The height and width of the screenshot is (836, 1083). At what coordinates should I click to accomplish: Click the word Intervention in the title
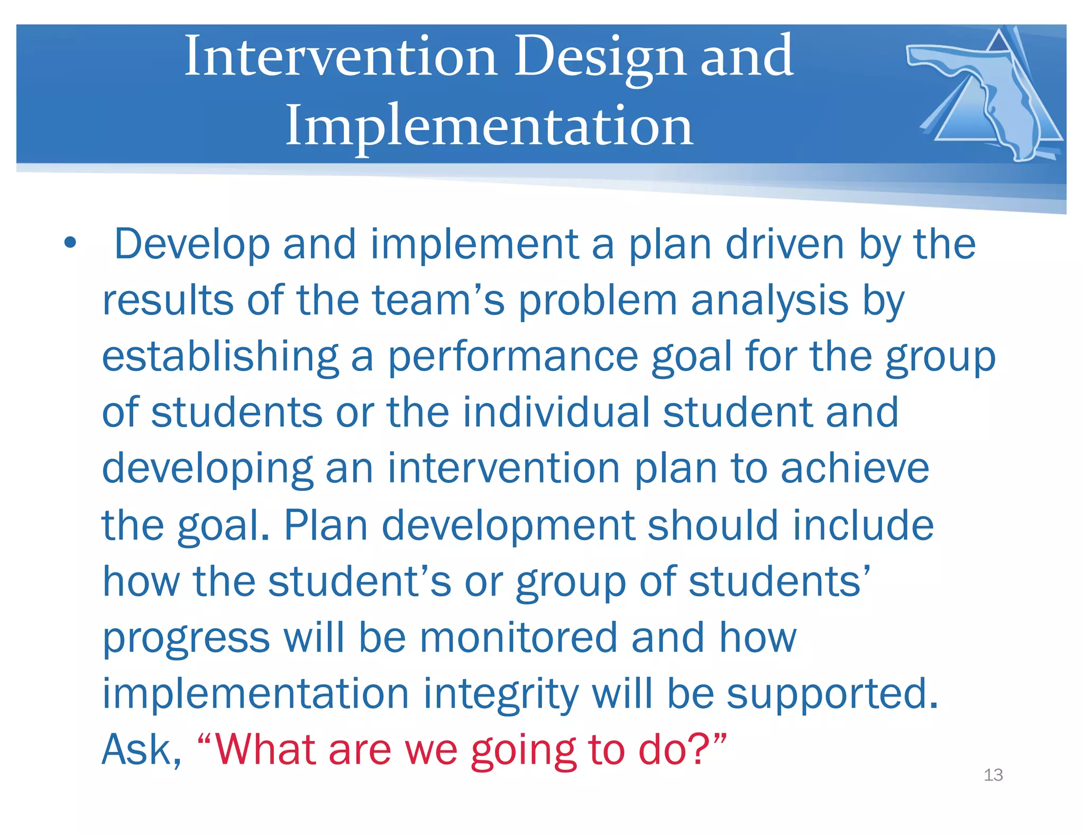tap(341, 56)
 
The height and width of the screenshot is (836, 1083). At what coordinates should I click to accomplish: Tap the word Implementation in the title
tap(489, 126)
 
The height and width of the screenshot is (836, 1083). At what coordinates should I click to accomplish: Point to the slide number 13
tap(993, 775)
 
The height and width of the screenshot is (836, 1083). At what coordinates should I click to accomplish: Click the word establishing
tap(219, 357)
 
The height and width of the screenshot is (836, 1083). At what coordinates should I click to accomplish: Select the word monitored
tap(518, 637)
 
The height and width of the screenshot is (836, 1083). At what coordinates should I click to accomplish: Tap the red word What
tap(265, 750)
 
